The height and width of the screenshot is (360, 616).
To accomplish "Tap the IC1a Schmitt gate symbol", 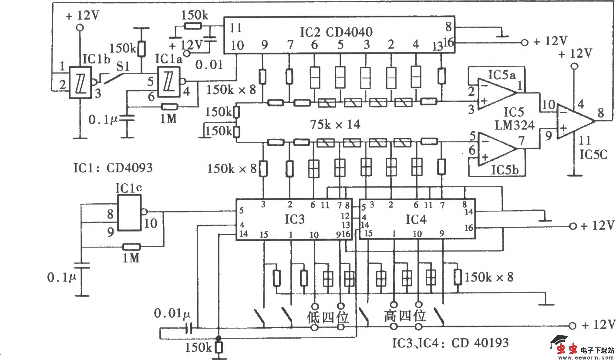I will coord(168,81).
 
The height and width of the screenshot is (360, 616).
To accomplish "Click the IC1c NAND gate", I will coord(129,212).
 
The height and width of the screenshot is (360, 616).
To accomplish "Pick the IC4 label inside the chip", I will coord(415,219).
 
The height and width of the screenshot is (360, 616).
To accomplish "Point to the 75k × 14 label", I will coord(335,125).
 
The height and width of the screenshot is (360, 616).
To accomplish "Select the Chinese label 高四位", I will coord(404,316).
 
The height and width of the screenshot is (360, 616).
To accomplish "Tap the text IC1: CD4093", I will coord(113,168).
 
